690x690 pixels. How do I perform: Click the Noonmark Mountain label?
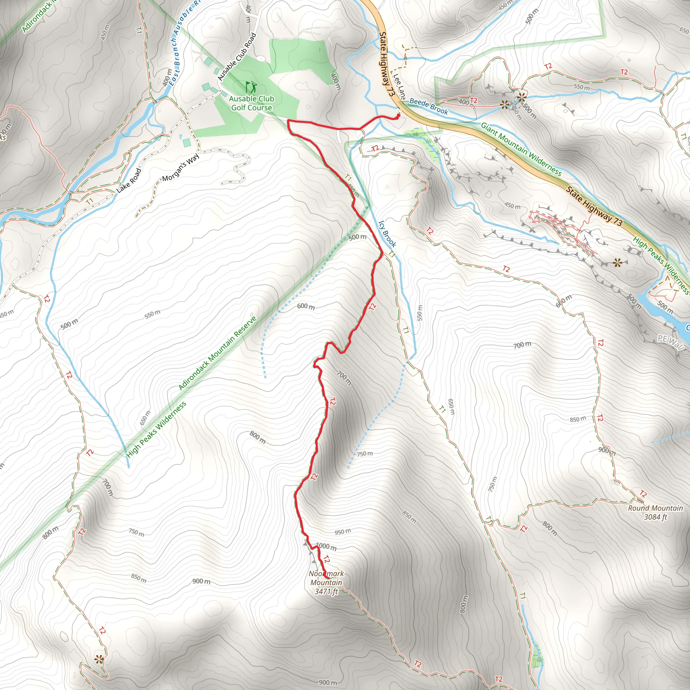tap(326, 578)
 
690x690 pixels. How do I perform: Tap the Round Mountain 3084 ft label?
tap(655, 512)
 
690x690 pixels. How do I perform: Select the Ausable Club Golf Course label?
tap(251, 103)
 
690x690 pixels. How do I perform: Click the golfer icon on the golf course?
tap(251, 87)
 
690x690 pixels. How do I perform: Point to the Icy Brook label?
tap(387, 233)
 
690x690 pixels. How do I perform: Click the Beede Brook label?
tap(429, 106)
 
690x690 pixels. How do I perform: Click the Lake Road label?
tap(129, 181)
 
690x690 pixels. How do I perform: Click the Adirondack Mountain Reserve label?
tap(218, 353)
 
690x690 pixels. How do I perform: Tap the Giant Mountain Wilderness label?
tap(521, 149)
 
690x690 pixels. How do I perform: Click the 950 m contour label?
tap(343, 532)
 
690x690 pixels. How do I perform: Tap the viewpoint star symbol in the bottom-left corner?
tap(99, 659)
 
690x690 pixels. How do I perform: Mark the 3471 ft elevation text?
tap(326, 591)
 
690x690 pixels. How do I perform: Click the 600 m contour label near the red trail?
tap(306, 306)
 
